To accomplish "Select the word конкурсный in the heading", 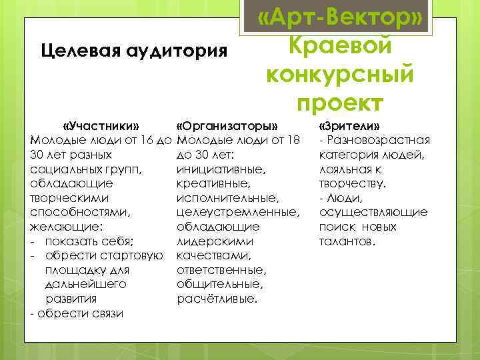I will (340, 74).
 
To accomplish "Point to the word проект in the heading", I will (340, 102).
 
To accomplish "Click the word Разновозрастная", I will (379, 140).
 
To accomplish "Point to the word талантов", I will (347, 241).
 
